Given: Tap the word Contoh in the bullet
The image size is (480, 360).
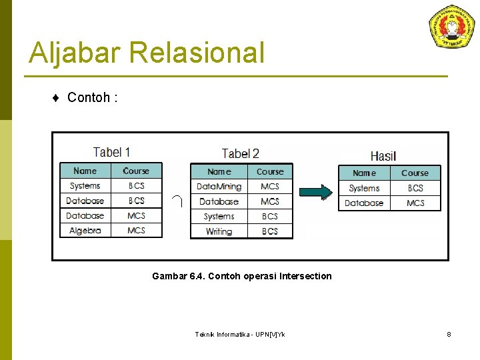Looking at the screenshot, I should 88,98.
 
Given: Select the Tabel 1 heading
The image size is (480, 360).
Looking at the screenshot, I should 111,153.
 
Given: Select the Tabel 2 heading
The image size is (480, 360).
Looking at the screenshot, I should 240,153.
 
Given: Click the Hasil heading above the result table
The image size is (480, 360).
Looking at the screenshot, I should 383,156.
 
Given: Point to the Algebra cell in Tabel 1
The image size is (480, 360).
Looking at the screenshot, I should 85,231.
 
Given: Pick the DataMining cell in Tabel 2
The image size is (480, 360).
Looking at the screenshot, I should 219,187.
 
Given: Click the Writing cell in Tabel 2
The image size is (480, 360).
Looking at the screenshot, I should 219,231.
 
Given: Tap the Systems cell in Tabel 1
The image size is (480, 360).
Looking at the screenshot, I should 85,186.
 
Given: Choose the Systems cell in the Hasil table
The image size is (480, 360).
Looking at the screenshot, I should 364,188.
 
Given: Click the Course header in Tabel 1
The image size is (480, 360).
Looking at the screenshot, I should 136,171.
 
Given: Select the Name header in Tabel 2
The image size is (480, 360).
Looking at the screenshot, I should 219,172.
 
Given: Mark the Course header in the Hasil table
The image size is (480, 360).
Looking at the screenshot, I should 415,173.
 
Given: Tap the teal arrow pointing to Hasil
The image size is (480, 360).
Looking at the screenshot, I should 315,193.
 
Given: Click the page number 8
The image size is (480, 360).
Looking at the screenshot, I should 449,334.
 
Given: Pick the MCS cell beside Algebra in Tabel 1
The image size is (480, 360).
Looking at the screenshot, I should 136,231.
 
